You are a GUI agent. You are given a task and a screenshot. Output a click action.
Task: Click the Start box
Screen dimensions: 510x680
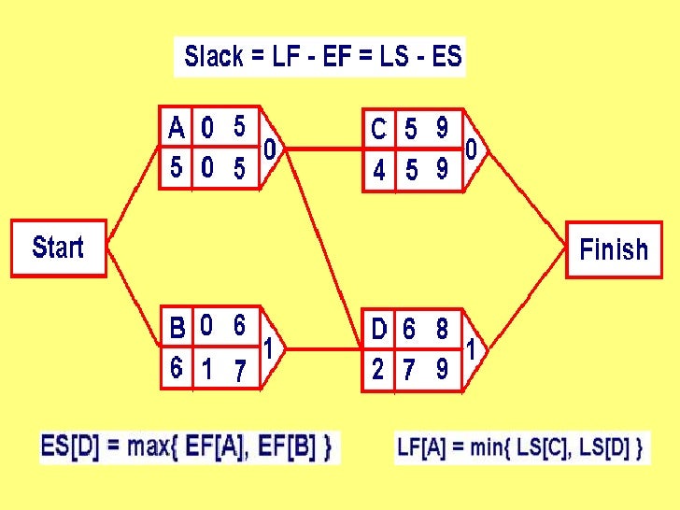click(x=58, y=248)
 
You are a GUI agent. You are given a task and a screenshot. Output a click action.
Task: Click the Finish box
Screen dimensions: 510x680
click(x=613, y=249)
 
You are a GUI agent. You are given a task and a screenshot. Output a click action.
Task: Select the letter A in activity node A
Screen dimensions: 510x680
click(x=176, y=126)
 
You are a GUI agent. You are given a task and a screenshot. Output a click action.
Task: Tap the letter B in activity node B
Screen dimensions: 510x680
click(x=177, y=328)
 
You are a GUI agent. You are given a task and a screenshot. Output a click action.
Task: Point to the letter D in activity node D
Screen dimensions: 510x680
click(x=378, y=329)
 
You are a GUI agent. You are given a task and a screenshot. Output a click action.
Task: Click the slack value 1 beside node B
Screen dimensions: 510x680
click(x=268, y=348)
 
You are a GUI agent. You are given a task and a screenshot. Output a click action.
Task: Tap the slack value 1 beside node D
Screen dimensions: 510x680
click(x=472, y=350)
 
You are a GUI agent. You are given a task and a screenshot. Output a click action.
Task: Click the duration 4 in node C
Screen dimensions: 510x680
click(x=378, y=172)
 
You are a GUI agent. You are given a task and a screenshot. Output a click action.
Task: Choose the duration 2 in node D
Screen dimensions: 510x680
click(x=377, y=369)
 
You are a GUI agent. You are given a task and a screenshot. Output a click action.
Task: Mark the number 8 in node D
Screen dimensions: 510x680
click(x=441, y=329)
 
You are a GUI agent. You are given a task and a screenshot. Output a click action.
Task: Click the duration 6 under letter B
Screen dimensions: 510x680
click(x=177, y=368)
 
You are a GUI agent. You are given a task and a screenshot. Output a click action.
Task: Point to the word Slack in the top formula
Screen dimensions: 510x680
click(x=214, y=57)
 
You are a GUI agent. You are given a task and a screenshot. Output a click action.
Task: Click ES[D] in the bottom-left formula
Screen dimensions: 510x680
click(x=67, y=446)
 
